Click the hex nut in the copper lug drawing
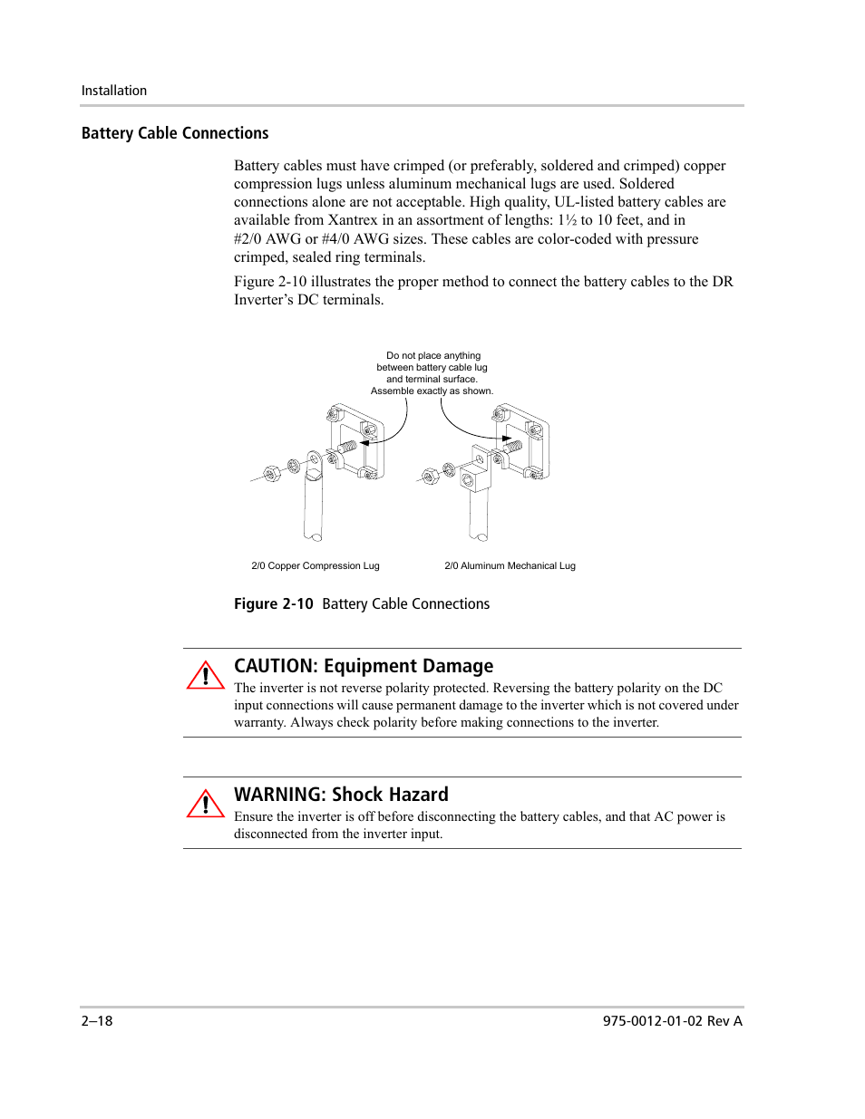tap(271, 473)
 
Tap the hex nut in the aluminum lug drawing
tap(431, 476)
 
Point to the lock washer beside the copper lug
tap(294, 467)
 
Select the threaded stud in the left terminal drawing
tap(347, 447)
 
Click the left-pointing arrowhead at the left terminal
tap(364, 443)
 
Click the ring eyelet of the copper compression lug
tap(314, 463)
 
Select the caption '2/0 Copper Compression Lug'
tap(316, 565)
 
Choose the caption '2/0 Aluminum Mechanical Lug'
tap(510, 565)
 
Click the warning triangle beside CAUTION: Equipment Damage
tap(206, 676)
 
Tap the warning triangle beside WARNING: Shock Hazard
tap(206, 805)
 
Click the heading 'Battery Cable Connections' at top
tap(175, 133)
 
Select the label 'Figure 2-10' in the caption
tap(273, 603)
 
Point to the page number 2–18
tap(97, 1020)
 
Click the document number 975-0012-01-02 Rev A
tap(672, 1020)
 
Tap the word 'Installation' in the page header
tap(114, 91)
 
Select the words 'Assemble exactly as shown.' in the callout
tap(432, 391)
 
